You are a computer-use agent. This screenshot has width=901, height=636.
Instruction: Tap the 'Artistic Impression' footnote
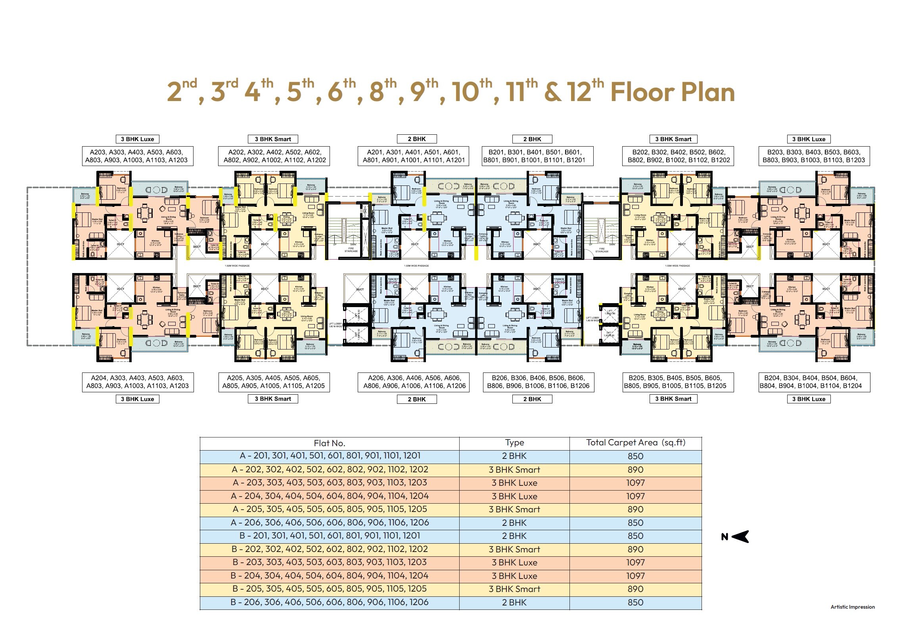point(852,607)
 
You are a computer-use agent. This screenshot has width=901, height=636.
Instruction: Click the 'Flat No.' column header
point(329,443)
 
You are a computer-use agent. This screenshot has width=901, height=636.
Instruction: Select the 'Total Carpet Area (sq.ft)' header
point(635,443)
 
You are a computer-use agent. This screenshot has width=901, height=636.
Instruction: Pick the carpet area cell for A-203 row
point(635,483)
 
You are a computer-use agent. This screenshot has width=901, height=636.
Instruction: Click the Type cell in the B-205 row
point(514,589)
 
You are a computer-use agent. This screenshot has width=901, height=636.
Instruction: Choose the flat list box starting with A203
point(138,156)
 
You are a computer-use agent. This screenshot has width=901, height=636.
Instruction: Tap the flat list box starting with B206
point(538,382)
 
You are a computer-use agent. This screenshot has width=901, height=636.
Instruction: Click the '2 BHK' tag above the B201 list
point(532,139)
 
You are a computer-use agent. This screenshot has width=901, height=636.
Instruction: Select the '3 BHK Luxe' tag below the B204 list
point(808,399)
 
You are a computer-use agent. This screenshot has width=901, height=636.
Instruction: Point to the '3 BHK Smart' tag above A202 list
point(273,139)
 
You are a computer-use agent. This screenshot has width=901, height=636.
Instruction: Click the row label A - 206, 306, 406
point(329,522)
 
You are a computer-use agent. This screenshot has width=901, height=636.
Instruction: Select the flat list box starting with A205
point(274,382)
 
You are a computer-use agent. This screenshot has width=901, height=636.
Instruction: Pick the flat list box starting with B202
point(678,156)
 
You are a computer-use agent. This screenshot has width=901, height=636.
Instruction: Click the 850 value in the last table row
point(635,602)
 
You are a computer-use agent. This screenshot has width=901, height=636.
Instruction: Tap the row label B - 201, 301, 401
point(329,536)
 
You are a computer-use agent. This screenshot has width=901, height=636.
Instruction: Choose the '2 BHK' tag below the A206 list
point(416,399)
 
